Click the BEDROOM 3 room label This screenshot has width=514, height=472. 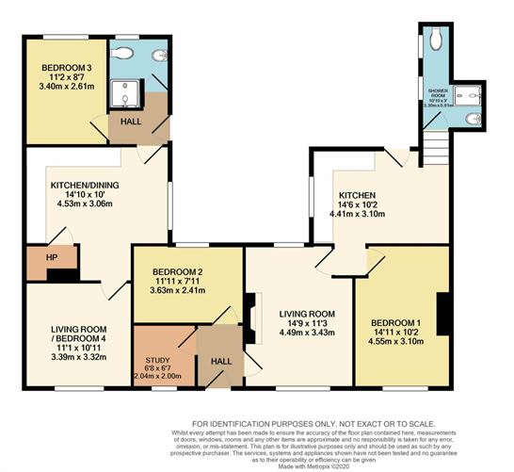pyautogui.click(x=66, y=69)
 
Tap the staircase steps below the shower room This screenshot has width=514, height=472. pyautogui.click(x=435, y=147)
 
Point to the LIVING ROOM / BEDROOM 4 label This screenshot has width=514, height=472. pyautogui.click(x=79, y=335)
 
